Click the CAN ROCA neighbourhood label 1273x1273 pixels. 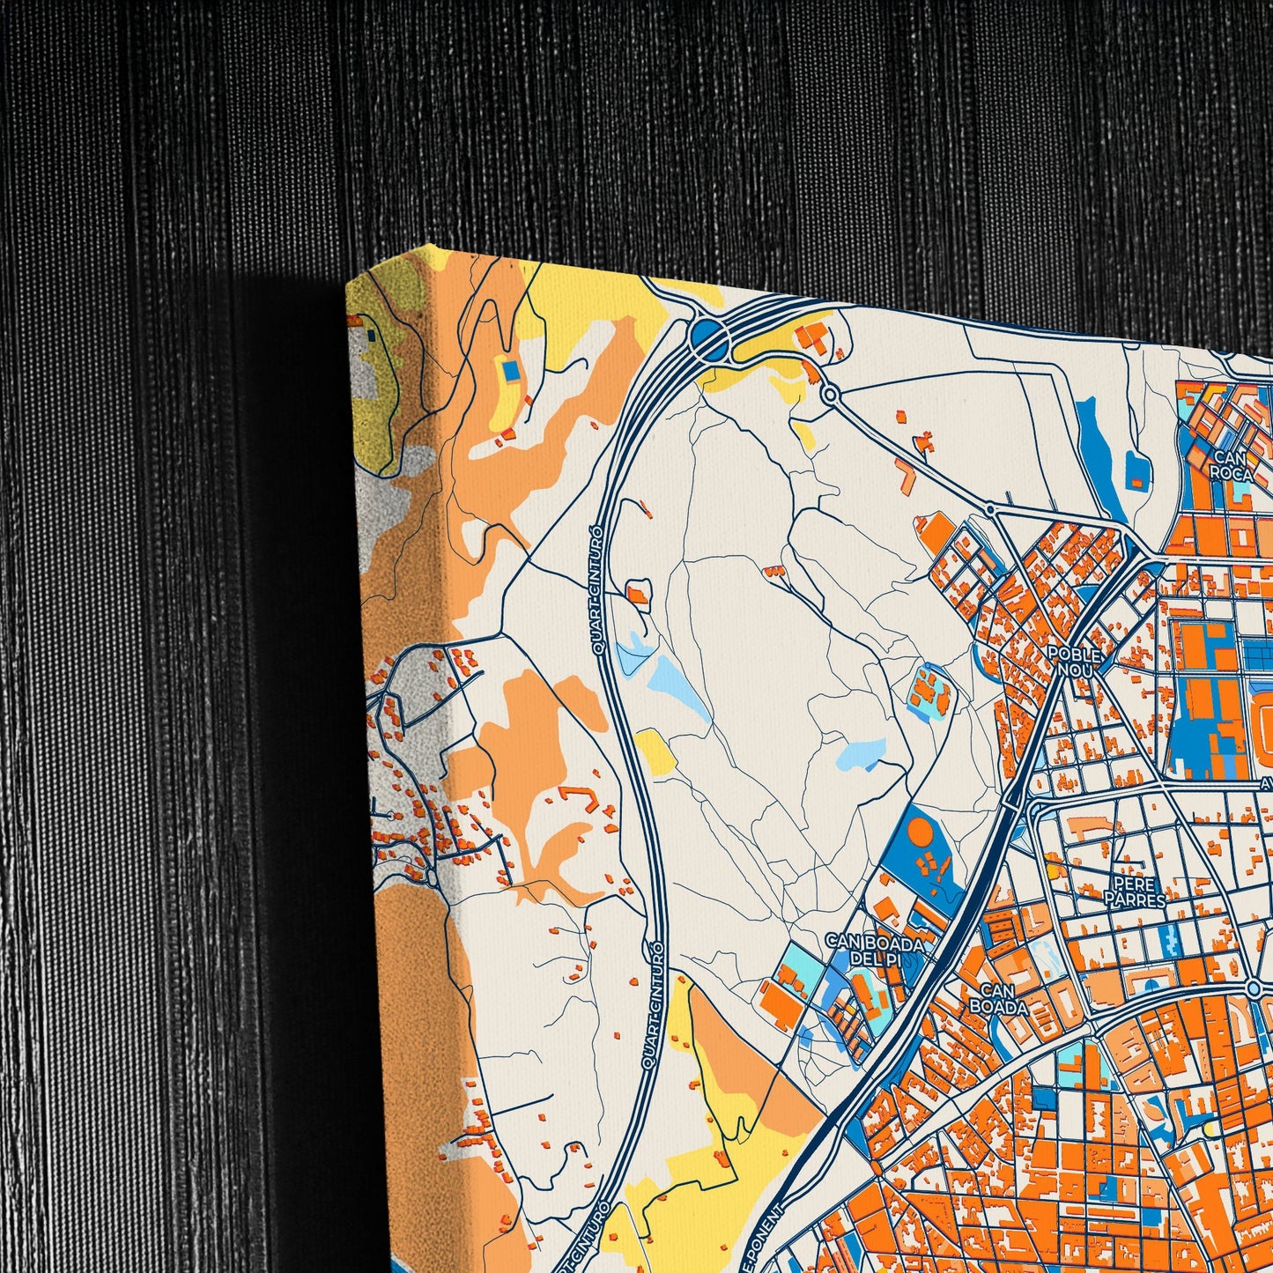(x=1231, y=464)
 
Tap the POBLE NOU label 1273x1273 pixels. (x=1074, y=662)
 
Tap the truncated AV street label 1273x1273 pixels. (x=1265, y=782)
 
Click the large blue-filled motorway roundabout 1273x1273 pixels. (x=708, y=337)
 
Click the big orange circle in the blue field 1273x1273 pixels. (x=920, y=833)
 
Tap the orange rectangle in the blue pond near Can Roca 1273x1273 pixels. (x=1137, y=482)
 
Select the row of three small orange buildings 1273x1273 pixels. (x=774, y=571)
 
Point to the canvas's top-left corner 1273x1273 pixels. (x=347, y=284)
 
